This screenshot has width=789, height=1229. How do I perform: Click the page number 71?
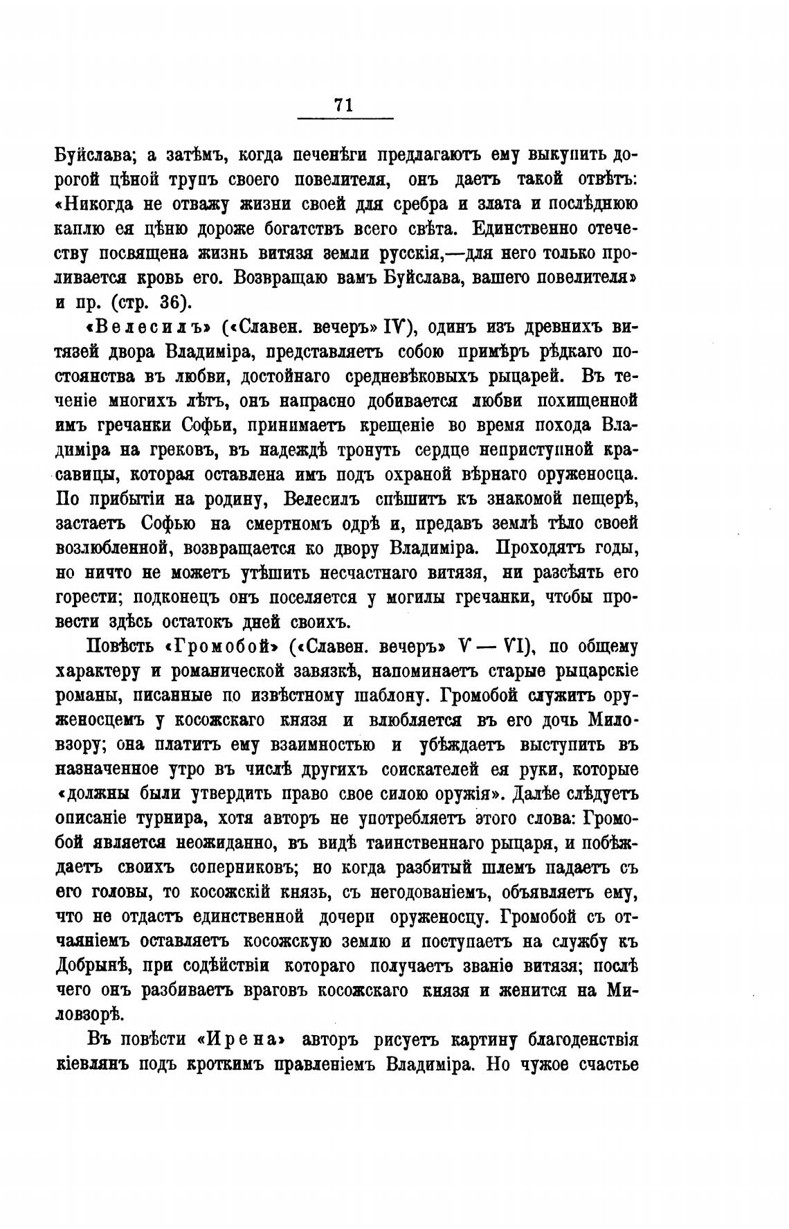pos(344,105)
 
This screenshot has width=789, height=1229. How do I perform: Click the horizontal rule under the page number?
pos(345,118)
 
